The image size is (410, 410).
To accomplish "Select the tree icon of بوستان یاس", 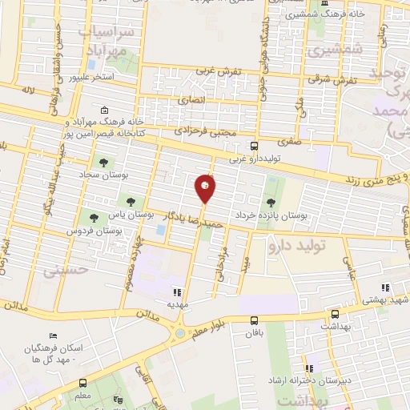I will coord(130,199).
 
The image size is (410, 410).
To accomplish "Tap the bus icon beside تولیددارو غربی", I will coord(254,146).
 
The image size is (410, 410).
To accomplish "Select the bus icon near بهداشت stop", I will coord(335,315).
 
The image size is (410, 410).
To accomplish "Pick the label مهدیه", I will coord(177,305).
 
